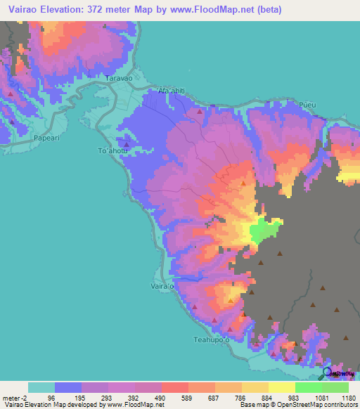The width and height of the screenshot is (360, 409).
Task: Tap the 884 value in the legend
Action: (259, 396)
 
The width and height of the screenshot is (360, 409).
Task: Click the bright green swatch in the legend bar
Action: (309, 387)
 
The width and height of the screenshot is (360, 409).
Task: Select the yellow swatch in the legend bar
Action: (282, 387)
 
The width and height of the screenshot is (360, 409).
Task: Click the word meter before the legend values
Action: (12, 396)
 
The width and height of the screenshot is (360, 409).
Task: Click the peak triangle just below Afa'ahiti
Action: (200, 111)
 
